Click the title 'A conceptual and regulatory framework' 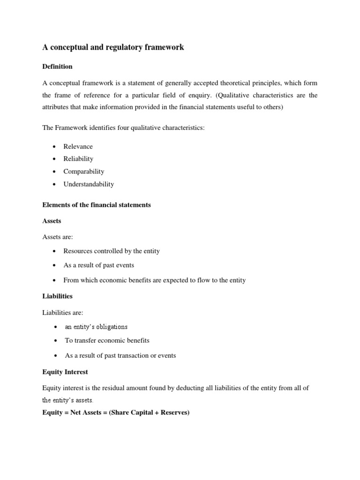click(x=113, y=47)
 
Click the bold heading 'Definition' click(x=57, y=67)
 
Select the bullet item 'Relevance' click(x=78, y=146)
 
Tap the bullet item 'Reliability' click(x=78, y=159)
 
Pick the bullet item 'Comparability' click(x=84, y=172)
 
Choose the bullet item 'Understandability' click(x=89, y=184)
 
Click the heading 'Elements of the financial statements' click(x=97, y=205)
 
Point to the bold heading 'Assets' click(x=52, y=220)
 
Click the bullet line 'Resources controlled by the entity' click(x=112, y=251)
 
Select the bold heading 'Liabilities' click(x=57, y=296)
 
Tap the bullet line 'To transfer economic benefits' click(x=107, y=340)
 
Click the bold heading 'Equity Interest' click(x=65, y=372)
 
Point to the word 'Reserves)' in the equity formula click(x=175, y=413)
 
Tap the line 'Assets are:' click(x=58, y=237)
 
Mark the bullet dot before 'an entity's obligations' click(x=56, y=327)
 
